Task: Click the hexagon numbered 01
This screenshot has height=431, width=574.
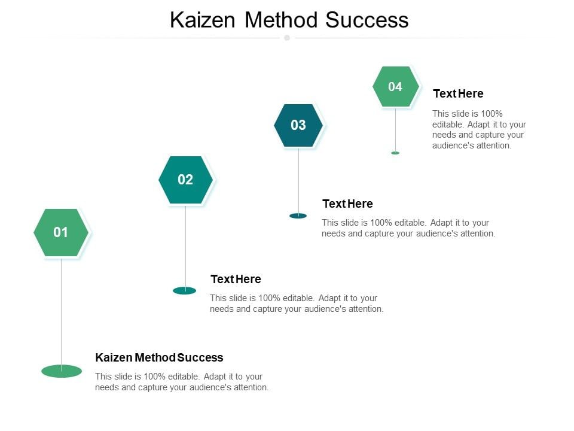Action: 61,233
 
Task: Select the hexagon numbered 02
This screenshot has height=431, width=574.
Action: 185,180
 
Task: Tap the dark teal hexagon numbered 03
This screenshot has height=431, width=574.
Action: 298,125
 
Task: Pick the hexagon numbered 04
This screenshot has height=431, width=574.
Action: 395,87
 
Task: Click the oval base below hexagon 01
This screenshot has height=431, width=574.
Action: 62,371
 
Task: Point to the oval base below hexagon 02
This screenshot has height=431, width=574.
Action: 185,290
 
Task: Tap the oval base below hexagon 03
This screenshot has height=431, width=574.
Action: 298,215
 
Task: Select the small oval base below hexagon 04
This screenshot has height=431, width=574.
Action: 395,153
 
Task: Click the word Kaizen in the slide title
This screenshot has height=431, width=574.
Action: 203,20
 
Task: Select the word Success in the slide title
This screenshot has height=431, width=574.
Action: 367,20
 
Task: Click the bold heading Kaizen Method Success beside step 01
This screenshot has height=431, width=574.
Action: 159,357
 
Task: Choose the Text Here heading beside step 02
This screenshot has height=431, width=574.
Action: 236,279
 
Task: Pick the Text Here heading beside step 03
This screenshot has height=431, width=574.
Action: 347,204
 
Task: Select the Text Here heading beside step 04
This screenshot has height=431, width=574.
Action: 458,93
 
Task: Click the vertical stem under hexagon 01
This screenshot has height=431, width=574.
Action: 61,311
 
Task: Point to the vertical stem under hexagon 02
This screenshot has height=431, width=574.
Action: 185,245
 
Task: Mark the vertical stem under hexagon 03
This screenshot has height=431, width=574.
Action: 298,180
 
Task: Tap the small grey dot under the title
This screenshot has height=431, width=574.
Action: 287,38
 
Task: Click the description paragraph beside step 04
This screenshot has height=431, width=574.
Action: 479,129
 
